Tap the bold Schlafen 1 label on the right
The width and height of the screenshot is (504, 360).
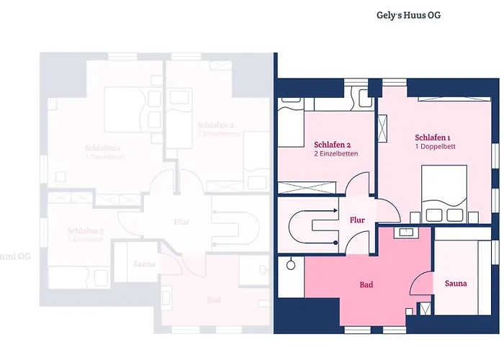[x=433, y=137]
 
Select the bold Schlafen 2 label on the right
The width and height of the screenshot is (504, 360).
[x=332, y=143]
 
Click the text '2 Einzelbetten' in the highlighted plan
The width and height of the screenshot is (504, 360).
[x=336, y=153]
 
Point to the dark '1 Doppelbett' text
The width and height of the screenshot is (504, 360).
[x=435, y=147]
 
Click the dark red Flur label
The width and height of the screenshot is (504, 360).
[x=357, y=220]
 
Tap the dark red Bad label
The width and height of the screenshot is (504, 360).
[x=366, y=285]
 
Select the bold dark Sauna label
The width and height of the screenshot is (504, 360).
[x=455, y=284]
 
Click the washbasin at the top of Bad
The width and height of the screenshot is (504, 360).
[x=408, y=233]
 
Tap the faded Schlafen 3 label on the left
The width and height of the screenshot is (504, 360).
[x=86, y=231]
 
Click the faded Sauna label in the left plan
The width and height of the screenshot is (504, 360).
[x=145, y=264]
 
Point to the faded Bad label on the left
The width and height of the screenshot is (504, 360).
[x=214, y=300]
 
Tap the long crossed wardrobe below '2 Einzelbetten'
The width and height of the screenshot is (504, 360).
[x=308, y=189]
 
